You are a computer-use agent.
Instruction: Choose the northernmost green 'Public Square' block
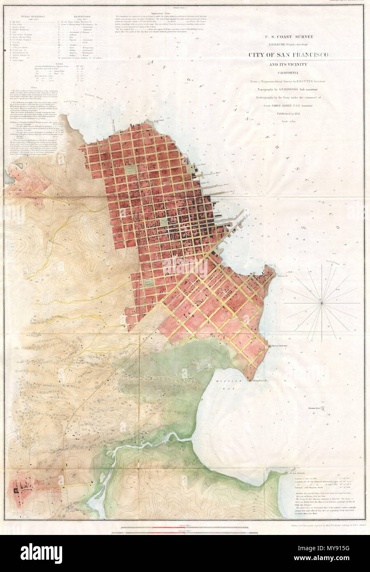[x=131, y=168]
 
